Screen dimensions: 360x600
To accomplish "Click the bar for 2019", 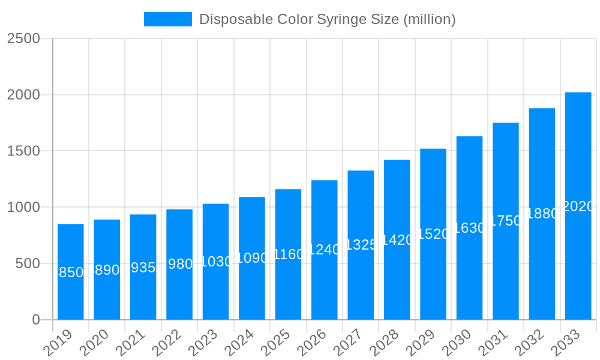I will pyautogui.click(x=71, y=272).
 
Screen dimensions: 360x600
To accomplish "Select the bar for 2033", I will pyautogui.click(x=578, y=206).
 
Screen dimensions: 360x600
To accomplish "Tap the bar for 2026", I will pyautogui.click(x=325, y=250).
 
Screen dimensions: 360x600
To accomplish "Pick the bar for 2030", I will pyautogui.click(x=469, y=228).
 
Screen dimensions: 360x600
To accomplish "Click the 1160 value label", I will pyautogui.click(x=289, y=254).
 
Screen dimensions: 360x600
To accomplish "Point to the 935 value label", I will pyautogui.click(x=143, y=268).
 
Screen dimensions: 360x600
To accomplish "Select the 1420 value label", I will pyautogui.click(x=397, y=240).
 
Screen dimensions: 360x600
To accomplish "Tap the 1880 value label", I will pyautogui.click(x=542, y=214).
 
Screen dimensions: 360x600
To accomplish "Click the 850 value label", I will pyautogui.click(x=71, y=272).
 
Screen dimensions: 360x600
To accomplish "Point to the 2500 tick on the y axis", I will pyautogui.click(x=23, y=38).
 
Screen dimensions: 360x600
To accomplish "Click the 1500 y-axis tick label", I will pyautogui.click(x=23, y=151).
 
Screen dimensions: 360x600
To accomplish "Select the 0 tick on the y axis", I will pyautogui.click(x=36, y=320).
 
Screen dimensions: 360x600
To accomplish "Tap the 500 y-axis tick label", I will pyautogui.click(x=28, y=263).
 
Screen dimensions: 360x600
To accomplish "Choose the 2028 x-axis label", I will pyautogui.click(x=385, y=343).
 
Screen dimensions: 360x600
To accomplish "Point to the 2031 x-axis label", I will pyautogui.click(x=494, y=343).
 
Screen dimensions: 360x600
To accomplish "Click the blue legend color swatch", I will pyautogui.click(x=168, y=19).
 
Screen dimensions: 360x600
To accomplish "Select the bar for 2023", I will pyautogui.click(x=216, y=262).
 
